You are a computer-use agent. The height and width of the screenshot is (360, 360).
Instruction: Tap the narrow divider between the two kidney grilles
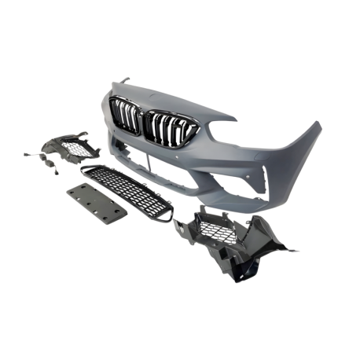pos(142,123)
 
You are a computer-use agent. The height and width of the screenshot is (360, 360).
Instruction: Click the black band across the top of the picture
pos(180,30)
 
